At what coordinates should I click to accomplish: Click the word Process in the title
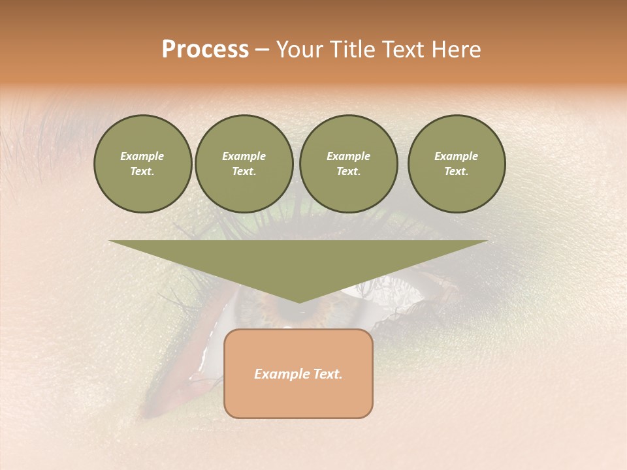tap(205, 50)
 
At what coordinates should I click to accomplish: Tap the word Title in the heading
tap(353, 50)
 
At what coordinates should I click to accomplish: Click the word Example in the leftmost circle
tap(142, 156)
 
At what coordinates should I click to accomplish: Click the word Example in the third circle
tap(348, 156)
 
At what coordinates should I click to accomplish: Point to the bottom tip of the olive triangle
tap(298, 301)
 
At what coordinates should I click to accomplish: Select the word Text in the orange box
tap(328, 374)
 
